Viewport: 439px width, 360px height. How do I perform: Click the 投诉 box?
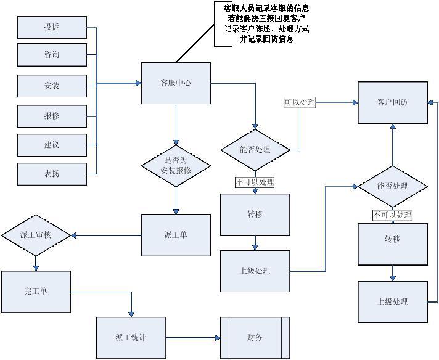(x=52, y=27)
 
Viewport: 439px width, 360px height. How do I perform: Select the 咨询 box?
(x=52, y=55)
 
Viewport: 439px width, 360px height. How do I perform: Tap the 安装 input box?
(x=52, y=86)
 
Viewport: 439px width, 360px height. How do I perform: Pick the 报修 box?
(x=52, y=115)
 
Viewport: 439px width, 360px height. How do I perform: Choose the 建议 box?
(x=52, y=145)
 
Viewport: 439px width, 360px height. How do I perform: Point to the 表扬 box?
(x=52, y=174)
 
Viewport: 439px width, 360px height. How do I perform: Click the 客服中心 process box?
(x=176, y=83)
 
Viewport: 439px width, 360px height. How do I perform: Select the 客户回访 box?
(x=392, y=102)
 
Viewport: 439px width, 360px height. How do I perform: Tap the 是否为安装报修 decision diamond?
(x=176, y=165)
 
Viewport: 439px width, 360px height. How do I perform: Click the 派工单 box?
(x=176, y=235)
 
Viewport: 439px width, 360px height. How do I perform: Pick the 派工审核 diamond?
(x=36, y=235)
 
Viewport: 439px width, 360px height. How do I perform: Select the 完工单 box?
(x=36, y=291)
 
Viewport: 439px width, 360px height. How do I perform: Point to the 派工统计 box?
(x=131, y=338)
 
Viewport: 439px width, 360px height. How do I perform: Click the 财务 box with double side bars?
(x=255, y=338)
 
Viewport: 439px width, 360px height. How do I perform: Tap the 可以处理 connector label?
(x=300, y=102)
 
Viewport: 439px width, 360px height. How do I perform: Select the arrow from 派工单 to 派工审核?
(x=107, y=235)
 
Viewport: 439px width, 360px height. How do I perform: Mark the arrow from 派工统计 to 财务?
(x=192, y=338)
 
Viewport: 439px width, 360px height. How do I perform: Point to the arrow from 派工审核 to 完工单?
(x=36, y=263)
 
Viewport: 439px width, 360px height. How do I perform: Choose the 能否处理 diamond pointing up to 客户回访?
(x=392, y=186)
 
